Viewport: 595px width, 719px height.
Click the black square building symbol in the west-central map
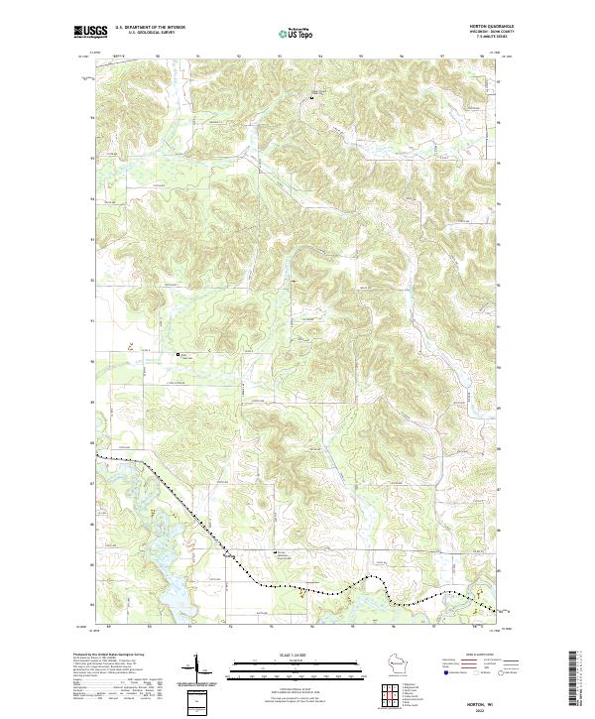click(178, 354)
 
